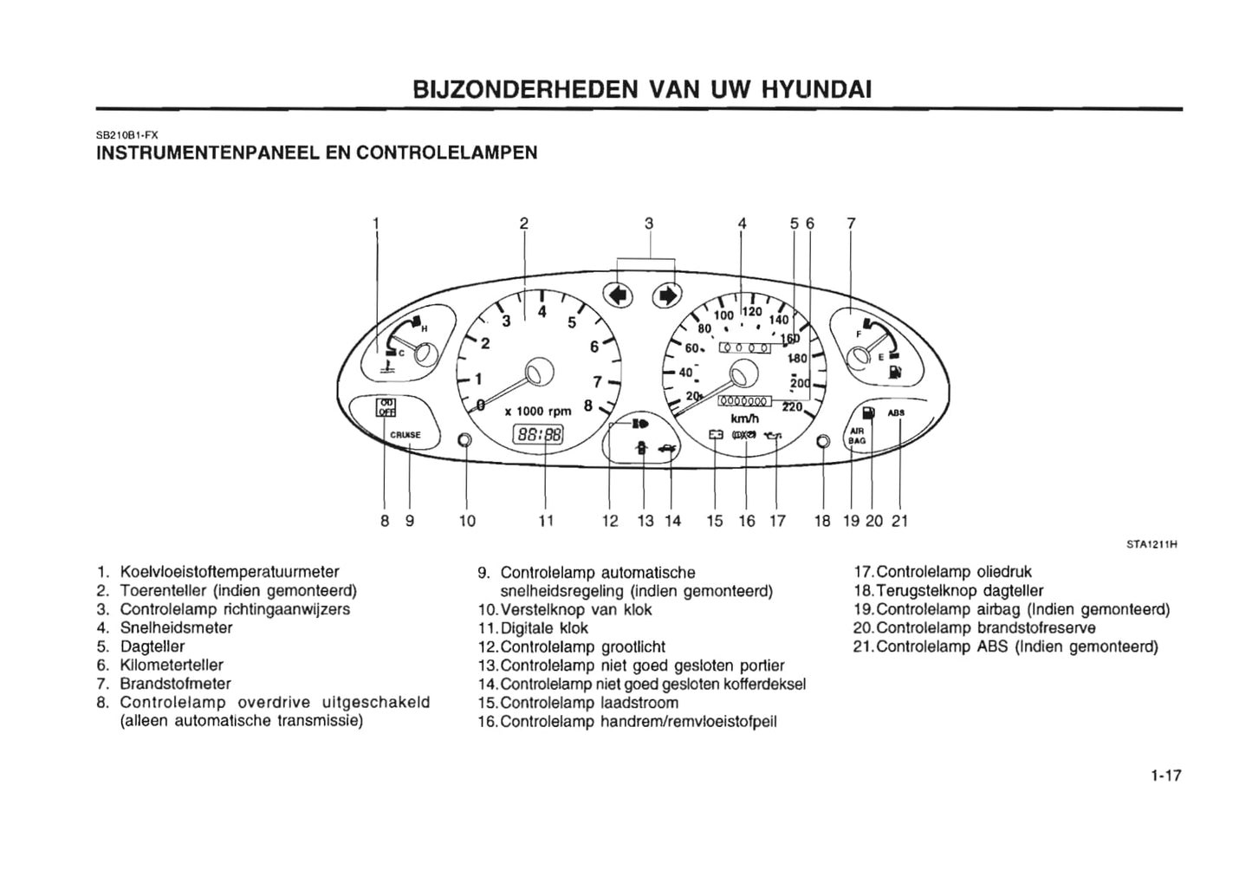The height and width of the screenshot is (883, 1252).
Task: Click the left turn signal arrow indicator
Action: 617,295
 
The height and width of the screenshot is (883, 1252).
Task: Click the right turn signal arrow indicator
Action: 667,295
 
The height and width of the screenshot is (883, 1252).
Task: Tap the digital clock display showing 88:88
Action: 538,434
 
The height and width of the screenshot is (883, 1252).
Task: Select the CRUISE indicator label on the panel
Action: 405,434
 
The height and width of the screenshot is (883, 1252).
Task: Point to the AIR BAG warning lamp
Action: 857,435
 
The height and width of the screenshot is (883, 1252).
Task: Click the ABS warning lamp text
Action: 896,412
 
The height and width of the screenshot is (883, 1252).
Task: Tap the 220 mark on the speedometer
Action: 792,406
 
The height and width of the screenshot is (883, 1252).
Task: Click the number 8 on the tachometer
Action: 588,404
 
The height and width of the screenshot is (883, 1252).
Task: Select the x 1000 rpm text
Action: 537,412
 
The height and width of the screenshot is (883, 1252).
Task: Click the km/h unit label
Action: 745,419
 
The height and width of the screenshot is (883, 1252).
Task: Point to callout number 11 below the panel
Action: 545,521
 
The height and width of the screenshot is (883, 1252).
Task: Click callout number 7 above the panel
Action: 851,224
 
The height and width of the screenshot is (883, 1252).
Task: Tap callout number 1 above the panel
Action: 375,224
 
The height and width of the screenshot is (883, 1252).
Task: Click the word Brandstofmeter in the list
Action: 175,684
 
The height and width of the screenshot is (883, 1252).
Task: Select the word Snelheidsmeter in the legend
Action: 176,627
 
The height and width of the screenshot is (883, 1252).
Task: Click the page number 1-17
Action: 1166,776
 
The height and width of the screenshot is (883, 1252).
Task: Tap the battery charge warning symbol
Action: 716,434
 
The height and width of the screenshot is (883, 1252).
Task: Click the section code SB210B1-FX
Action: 126,134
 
